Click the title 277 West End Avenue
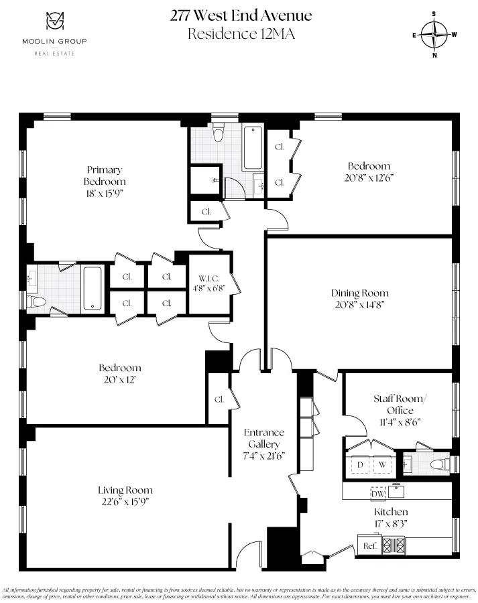click(241, 15)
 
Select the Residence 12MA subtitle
click(241, 33)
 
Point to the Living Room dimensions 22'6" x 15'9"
click(125, 501)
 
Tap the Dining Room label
click(359, 293)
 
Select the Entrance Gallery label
click(263, 438)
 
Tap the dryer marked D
click(359, 464)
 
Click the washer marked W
click(382, 464)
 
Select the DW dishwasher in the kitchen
click(378, 493)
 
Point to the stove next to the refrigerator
click(394, 545)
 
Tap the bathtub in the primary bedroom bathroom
click(92, 289)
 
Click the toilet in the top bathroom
click(217, 134)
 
